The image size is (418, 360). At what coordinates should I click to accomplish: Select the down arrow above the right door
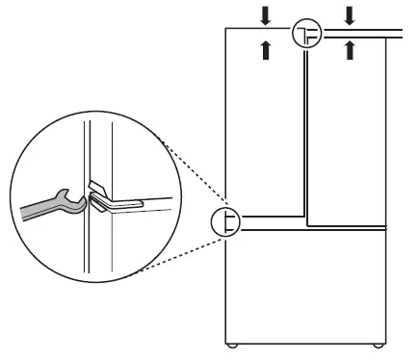[351, 13]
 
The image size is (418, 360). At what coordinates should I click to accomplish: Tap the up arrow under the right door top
[351, 48]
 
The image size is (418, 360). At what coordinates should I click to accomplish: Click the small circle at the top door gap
[306, 33]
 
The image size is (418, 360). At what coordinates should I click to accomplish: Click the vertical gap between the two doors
[305, 135]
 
